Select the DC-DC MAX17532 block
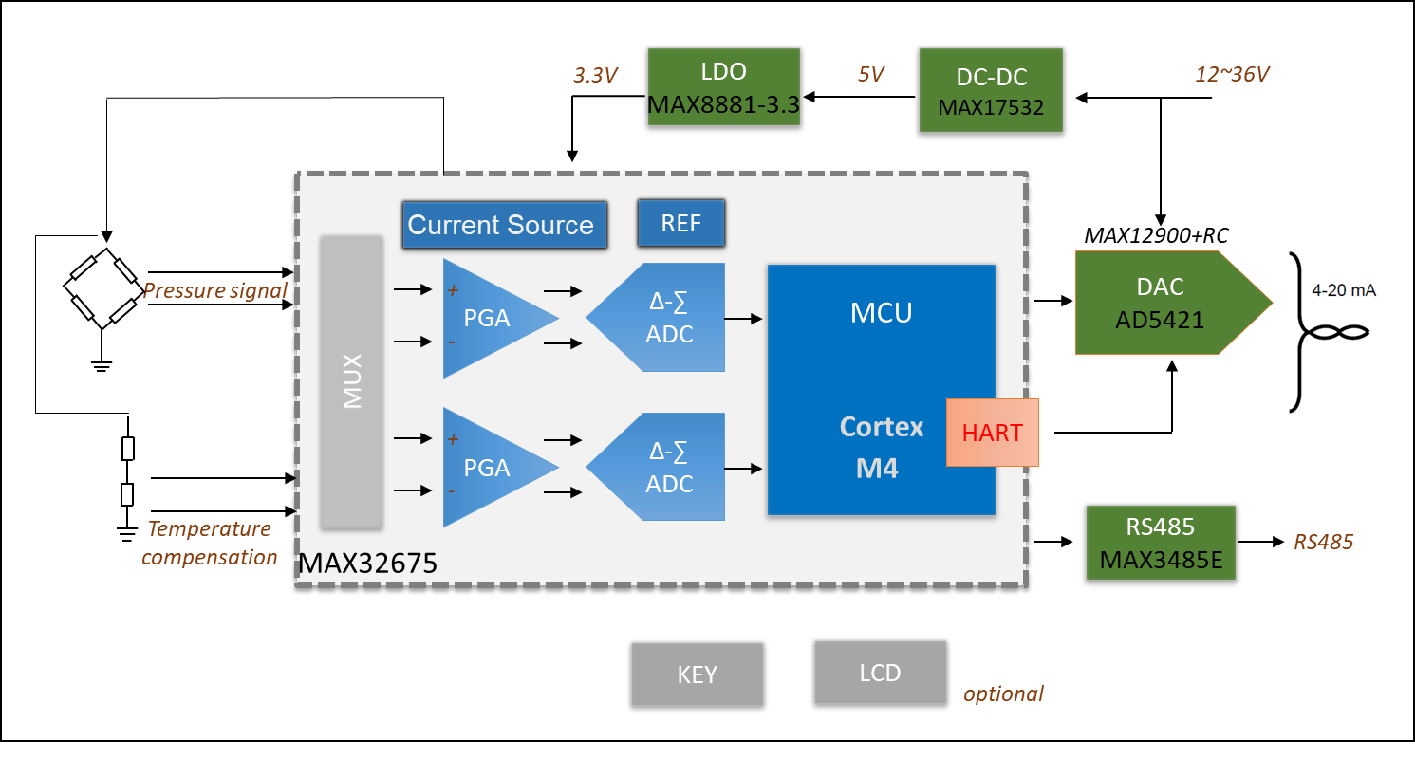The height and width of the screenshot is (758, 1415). (x=991, y=91)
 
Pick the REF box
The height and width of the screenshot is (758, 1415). (x=680, y=223)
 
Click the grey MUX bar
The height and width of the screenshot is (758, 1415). (x=352, y=381)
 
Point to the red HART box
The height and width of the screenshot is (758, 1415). (x=992, y=433)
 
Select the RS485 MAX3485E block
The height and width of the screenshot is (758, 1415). (x=1160, y=543)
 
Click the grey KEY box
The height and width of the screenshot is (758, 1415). (x=698, y=675)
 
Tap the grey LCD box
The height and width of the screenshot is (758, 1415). (x=880, y=673)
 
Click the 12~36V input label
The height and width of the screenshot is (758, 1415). (x=1233, y=73)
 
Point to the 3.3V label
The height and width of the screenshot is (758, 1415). (x=595, y=76)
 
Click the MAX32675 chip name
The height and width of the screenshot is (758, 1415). (x=368, y=565)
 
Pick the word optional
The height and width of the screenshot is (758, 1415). (x=1003, y=693)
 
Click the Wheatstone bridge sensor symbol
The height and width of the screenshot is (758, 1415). (x=102, y=287)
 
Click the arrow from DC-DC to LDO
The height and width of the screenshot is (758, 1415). (x=859, y=97)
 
